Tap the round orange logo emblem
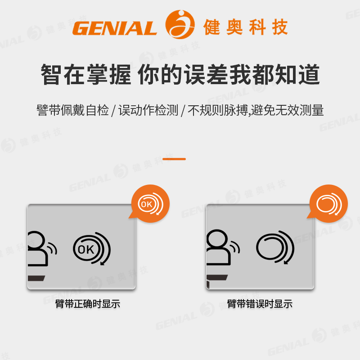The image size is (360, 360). (180, 24)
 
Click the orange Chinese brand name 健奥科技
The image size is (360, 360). (245, 27)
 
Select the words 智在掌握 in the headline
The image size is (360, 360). (85, 75)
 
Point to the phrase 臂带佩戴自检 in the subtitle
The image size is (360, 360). (72, 110)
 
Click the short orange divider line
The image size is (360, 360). (174, 159)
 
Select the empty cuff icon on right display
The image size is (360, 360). (275, 248)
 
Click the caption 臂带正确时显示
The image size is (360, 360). (88, 304)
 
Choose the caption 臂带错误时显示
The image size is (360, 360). (260, 304)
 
